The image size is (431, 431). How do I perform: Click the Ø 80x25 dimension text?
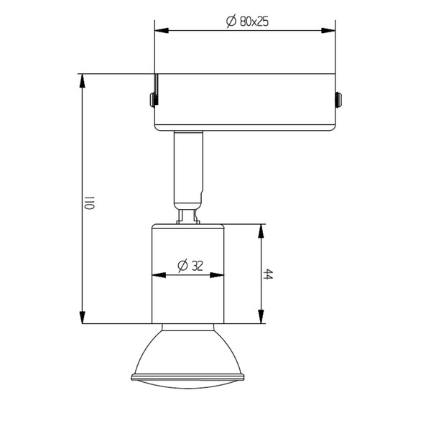point(247,22)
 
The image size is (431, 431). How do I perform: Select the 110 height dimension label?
point(89,203)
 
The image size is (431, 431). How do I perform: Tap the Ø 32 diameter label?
point(190,266)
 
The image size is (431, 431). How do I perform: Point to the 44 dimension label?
point(267,274)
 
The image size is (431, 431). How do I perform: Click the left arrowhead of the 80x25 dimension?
point(162,30)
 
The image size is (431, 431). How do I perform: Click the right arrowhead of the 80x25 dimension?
point(328,30)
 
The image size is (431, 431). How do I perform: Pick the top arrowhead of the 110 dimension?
point(82,80)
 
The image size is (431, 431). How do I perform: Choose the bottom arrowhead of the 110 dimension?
point(82,318)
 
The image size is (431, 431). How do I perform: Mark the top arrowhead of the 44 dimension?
point(261,231)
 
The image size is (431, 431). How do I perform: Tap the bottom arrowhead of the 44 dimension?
point(261,317)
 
